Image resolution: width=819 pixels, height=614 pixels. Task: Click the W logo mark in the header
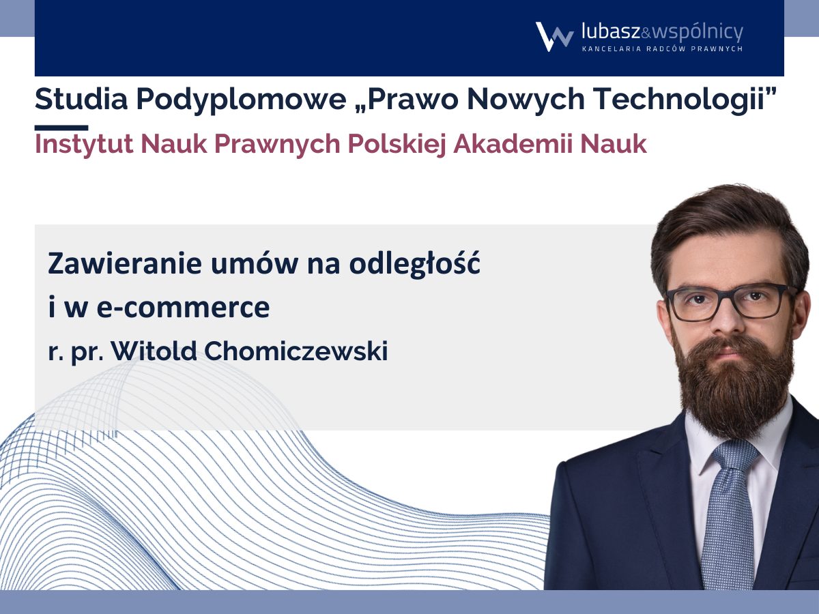(x=554, y=37)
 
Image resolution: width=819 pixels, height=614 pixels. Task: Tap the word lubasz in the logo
(x=611, y=31)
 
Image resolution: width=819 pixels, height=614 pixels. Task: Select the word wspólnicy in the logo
(x=698, y=33)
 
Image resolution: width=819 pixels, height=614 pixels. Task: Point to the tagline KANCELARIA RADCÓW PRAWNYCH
(x=662, y=48)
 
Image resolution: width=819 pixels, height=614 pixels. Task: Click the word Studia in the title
(x=81, y=100)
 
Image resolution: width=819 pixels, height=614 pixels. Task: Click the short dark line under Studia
(x=61, y=128)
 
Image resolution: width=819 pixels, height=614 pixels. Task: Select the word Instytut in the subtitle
(x=84, y=145)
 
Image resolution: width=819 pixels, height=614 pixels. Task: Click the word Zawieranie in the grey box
(x=125, y=263)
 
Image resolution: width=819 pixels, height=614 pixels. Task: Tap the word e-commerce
(x=183, y=308)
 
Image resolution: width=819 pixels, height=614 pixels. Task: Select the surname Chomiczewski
(x=296, y=351)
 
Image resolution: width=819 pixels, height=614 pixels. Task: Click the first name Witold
(x=154, y=351)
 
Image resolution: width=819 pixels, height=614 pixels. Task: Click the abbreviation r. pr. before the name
(x=76, y=353)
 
